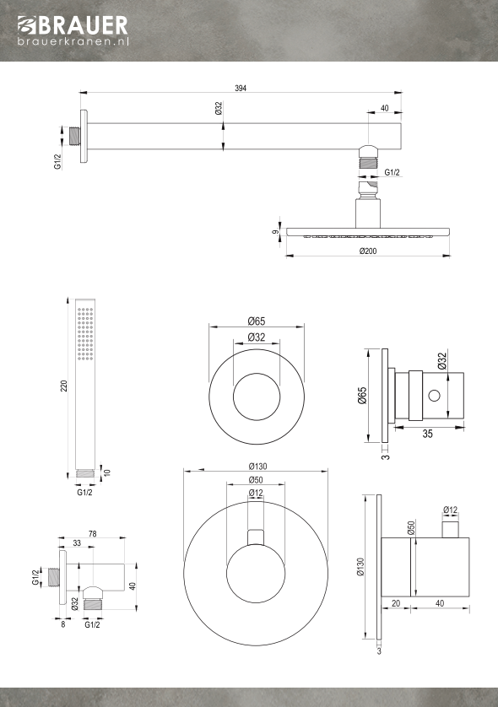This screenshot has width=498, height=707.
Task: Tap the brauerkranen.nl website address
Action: point(73,41)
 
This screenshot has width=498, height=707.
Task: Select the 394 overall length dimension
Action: point(241,89)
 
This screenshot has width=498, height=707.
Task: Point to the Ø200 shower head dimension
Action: point(368,251)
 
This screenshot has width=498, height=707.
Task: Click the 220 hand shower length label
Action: point(64,386)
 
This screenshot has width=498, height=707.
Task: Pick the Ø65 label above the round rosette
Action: point(257,321)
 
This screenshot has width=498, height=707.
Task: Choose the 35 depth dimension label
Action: point(428,434)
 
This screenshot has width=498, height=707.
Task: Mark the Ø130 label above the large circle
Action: point(257,467)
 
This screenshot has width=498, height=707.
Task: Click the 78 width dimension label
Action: point(93,533)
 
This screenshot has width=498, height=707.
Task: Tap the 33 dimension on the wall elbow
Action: point(77,543)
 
